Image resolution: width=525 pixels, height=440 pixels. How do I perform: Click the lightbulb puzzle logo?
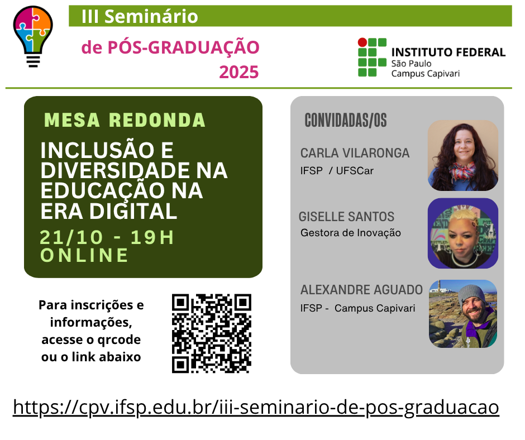click(33, 36)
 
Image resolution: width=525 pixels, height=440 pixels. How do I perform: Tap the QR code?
click(212, 333)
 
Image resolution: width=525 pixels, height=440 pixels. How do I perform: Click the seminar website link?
click(256, 408)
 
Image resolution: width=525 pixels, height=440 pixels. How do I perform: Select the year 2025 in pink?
click(238, 72)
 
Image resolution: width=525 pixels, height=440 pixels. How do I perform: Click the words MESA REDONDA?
click(125, 120)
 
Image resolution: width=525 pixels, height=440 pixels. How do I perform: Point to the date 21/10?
click(71, 237)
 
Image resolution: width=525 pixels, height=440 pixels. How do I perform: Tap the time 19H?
click(152, 237)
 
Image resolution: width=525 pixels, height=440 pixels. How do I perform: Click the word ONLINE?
click(84, 255)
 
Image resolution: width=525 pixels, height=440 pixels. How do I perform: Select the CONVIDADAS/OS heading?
click(346, 121)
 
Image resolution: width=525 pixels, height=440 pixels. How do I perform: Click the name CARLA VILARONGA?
click(355, 153)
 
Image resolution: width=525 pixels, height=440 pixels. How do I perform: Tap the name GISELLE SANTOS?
click(346, 217)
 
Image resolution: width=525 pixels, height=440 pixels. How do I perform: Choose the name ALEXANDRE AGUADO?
click(361, 290)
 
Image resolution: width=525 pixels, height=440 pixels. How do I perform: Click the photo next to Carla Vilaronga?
click(463, 156)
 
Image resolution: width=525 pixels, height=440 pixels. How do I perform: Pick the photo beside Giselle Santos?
click(463, 233)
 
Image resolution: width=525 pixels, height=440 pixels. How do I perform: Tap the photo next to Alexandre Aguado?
click(463, 314)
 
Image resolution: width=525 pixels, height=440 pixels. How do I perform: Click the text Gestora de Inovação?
click(351, 233)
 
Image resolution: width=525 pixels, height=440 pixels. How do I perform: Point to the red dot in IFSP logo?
click(362, 42)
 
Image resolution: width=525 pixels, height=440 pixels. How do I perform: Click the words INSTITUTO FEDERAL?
click(448, 52)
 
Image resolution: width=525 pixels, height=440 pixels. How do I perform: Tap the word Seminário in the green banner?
click(151, 16)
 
